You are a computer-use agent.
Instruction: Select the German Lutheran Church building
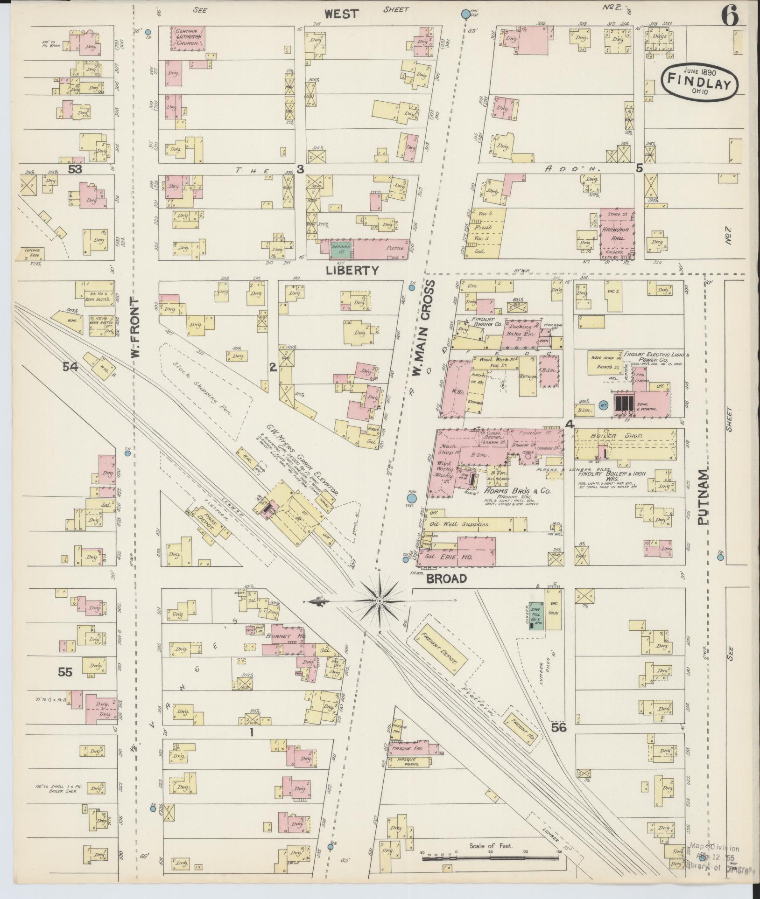coord(190,38)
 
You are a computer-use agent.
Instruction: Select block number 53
coord(75,169)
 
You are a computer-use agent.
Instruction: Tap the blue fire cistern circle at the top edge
coord(465,14)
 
